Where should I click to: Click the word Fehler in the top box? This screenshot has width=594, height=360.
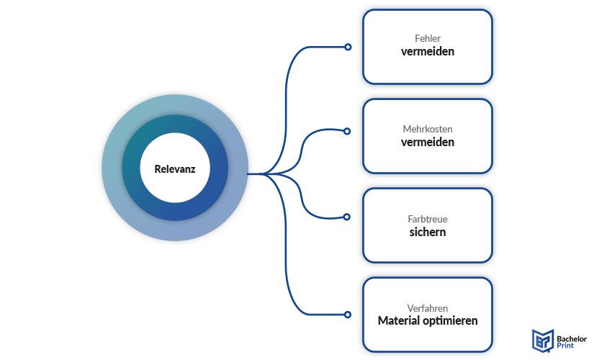click(428, 39)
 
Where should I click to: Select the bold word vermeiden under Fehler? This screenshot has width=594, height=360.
click(428, 53)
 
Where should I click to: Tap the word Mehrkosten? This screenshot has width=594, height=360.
click(428, 129)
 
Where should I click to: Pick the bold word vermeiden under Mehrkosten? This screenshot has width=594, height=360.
click(428, 143)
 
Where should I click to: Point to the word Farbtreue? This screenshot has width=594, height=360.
click(428, 219)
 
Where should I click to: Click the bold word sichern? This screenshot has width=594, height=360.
click(428, 233)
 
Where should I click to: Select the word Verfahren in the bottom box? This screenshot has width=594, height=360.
click(428, 308)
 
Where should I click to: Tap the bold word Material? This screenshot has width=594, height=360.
click(400, 321)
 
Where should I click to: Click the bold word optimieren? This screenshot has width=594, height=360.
click(451, 321)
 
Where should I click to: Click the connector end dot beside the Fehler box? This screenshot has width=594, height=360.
click(348, 47)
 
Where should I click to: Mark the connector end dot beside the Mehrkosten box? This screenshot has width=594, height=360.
click(348, 132)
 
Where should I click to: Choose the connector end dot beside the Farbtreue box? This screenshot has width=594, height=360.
click(348, 217)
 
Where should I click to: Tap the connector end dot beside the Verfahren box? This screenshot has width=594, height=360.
click(348, 315)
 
